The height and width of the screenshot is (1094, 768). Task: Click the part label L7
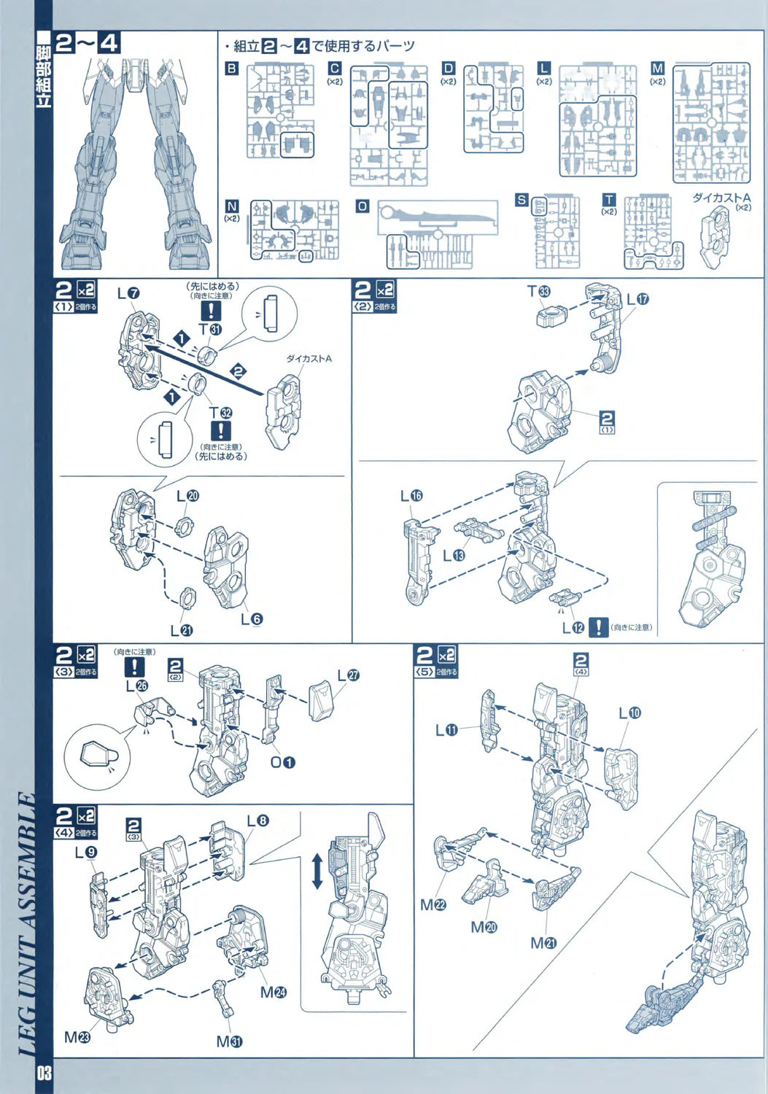point(128,293)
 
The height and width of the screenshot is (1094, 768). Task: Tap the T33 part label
point(539,292)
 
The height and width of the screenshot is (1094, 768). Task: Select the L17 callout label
point(637,299)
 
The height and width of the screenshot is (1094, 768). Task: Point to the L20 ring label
point(187,496)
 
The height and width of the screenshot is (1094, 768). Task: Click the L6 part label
point(252,619)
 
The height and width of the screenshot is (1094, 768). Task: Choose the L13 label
point(454,556)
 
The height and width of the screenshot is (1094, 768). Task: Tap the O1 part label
point(283,762)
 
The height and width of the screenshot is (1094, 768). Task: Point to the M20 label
point(484,927)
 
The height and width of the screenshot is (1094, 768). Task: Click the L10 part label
point(629,713)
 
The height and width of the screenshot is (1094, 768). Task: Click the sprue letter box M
point(657,68)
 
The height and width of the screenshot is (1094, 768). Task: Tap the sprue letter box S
point(521,199)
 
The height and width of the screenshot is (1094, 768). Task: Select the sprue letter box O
point(362,206)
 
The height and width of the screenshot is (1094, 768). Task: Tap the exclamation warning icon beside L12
point(598,627)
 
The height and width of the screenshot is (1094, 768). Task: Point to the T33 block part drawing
point(551,316)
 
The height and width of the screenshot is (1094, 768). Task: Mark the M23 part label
point(77,1036)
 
